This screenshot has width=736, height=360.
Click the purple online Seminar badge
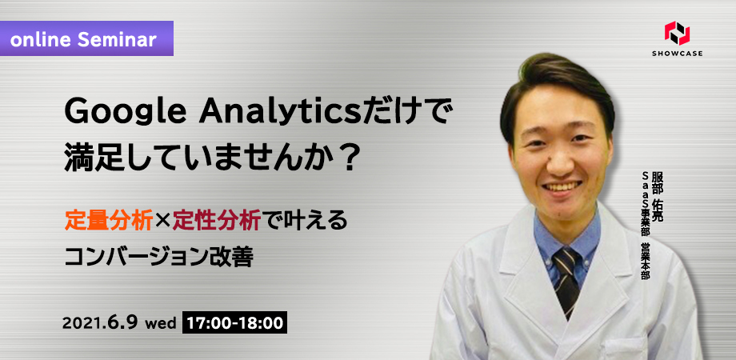(87, 38)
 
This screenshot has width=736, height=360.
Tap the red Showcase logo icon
(677, 34)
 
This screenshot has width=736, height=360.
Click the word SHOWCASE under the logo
(678, 54)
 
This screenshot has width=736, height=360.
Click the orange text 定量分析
(109, 221)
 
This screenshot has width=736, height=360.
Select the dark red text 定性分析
(216, 221)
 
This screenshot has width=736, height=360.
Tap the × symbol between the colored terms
(162, 221)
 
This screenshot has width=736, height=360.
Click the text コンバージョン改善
(158, 256)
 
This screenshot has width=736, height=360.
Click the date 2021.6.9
(100, 323)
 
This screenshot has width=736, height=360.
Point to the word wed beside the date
(161, 324)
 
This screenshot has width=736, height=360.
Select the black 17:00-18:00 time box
(234, 323)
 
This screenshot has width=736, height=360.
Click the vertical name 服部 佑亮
(658, 198)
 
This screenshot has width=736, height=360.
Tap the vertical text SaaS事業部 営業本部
(645, 225)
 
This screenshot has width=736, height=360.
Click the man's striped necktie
(566, 282)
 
